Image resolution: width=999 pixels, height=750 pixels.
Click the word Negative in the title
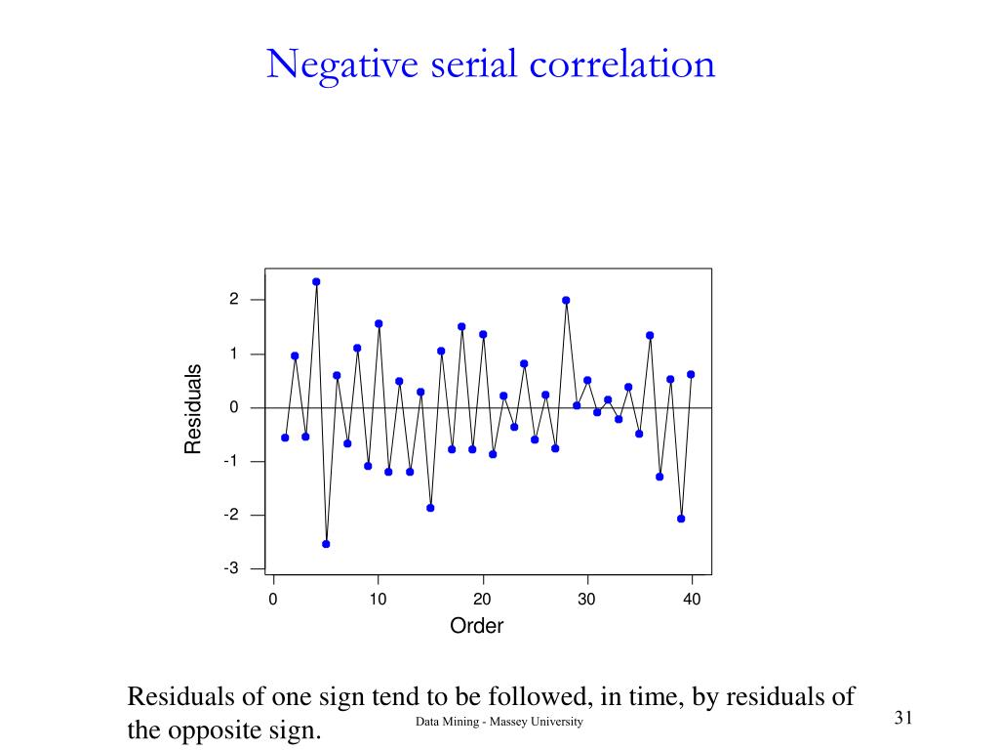point(329,64)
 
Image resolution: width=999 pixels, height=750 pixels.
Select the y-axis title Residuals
point(193,408)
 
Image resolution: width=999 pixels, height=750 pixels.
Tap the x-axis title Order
point(476,627)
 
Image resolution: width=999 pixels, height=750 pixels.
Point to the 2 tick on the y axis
point(234,299)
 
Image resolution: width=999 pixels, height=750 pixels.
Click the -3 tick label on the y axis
point(231,568)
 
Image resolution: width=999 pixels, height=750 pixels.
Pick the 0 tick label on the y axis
point(234,407)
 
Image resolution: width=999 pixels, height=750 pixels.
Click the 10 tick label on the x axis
point(378,600)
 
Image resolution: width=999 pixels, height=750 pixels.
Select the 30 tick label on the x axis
point(586,600)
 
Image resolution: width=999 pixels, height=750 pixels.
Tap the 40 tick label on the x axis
point(692,600)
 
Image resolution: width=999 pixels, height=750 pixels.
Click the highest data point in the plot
point(316,281)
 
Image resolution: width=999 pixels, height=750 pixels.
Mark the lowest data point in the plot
point(326,544)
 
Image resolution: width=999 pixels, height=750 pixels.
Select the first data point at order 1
point(285,437)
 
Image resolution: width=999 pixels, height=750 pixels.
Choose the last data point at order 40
point(691,374)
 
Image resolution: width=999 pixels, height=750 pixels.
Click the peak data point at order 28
point(566,300)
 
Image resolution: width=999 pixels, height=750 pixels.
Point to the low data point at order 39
point(681,519)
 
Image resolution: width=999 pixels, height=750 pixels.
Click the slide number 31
point(902,719)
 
